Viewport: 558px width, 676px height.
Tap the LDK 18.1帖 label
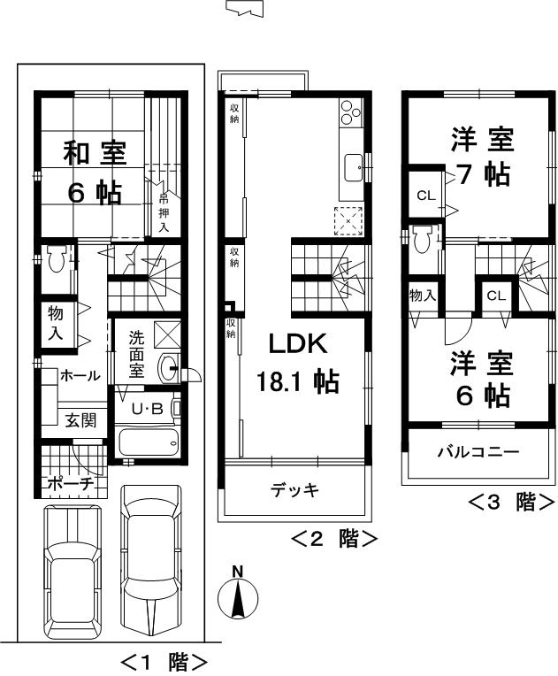(297, 363)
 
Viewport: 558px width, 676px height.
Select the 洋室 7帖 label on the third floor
(481, 157)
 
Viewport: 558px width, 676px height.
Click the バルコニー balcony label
(478, 451)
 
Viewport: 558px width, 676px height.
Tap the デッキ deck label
(294, 489)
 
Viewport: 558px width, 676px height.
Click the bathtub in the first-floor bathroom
(148, 442)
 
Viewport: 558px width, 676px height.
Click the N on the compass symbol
(237, 572)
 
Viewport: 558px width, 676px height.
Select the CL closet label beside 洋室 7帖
(425, 196)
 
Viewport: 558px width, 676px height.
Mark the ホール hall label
(80, 376)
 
